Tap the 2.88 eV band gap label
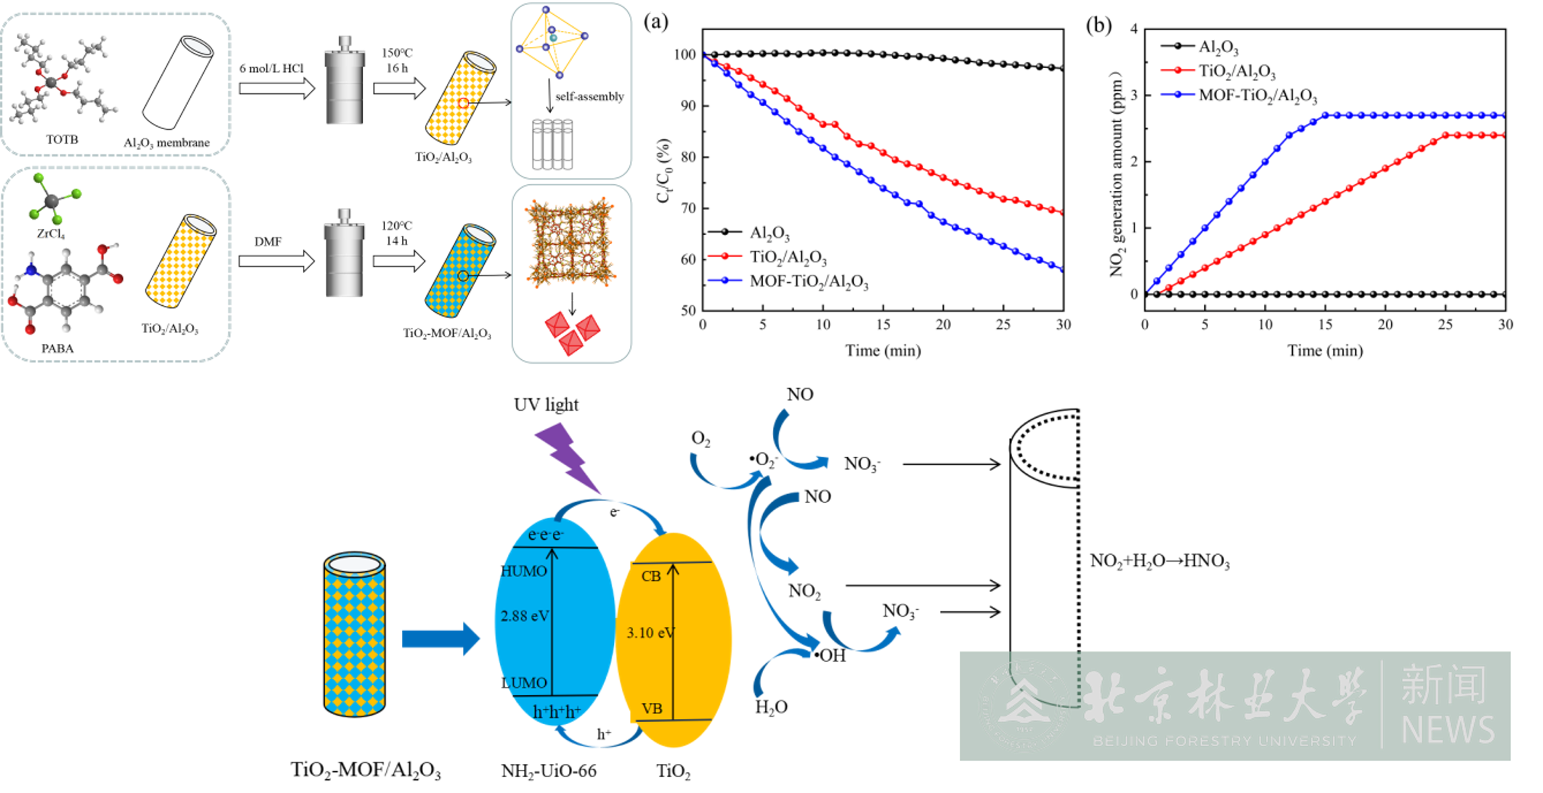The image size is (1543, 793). coord(525,616)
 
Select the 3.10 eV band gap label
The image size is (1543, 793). coord(650,633)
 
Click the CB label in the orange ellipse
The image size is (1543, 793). coord(651,576)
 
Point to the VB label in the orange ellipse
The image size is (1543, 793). coord(651,709)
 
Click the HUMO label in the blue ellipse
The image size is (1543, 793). coord(524,571)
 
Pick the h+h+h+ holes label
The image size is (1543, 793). coord(557,712)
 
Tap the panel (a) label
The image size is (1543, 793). coord(656,22)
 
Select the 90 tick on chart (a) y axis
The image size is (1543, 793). coord(688,106)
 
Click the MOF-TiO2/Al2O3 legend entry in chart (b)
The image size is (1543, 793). coord(1257,96)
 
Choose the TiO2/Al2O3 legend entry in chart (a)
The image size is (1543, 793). coord(788,257)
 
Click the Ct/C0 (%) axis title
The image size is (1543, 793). coord(664,170)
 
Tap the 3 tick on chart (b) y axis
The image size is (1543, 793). coord(1133,95)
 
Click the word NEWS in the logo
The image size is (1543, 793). coord(1447,730)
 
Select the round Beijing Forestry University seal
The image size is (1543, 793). coord(1024,706)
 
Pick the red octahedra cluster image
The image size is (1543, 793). coord(572,330)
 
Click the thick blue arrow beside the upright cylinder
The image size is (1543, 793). coord(441,639)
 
